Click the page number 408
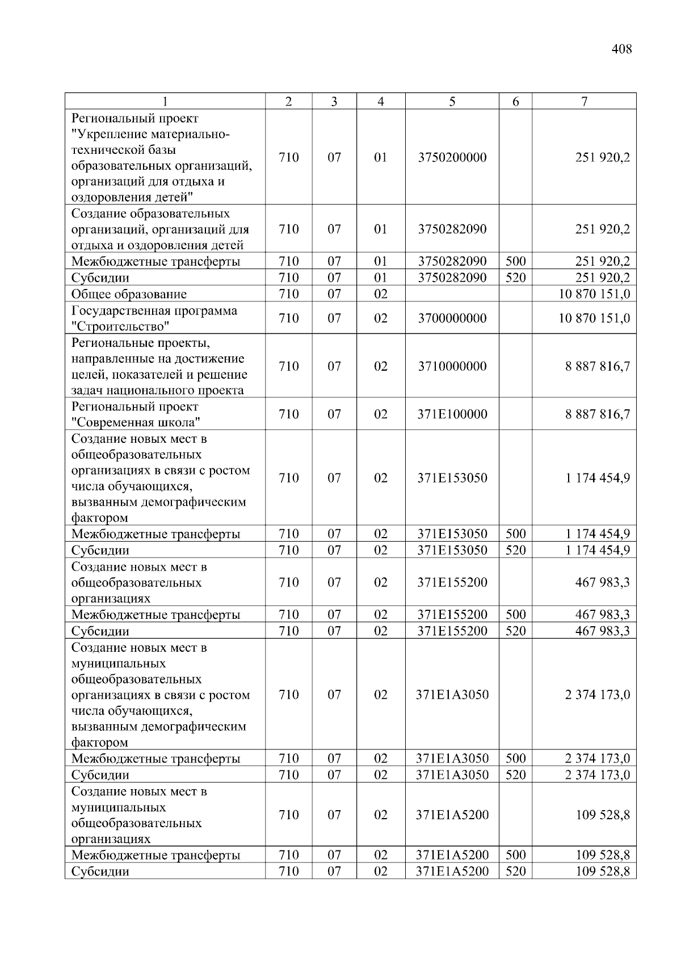coord(621,49)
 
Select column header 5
coord(452,102)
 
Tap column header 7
coord(584,102)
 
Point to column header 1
coord(165,102)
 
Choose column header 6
coord(515,102)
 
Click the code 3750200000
coord(452,157)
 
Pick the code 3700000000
coord(452,318)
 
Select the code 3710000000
coord(452,366)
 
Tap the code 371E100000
coord(452,414)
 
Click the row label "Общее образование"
coord(129,294)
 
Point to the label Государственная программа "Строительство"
coord(154,318)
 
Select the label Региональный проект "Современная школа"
coord(136,414)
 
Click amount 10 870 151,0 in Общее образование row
coord(594,294)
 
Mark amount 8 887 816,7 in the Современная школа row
coord(597,414)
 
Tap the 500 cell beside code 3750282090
coord(515,262)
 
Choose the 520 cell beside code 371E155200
coord(515,631)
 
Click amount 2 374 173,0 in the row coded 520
coord(597,775)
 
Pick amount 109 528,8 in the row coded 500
coord(602,855)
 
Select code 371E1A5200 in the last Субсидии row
coord(452,871)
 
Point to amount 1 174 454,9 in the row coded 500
coord(597,534)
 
